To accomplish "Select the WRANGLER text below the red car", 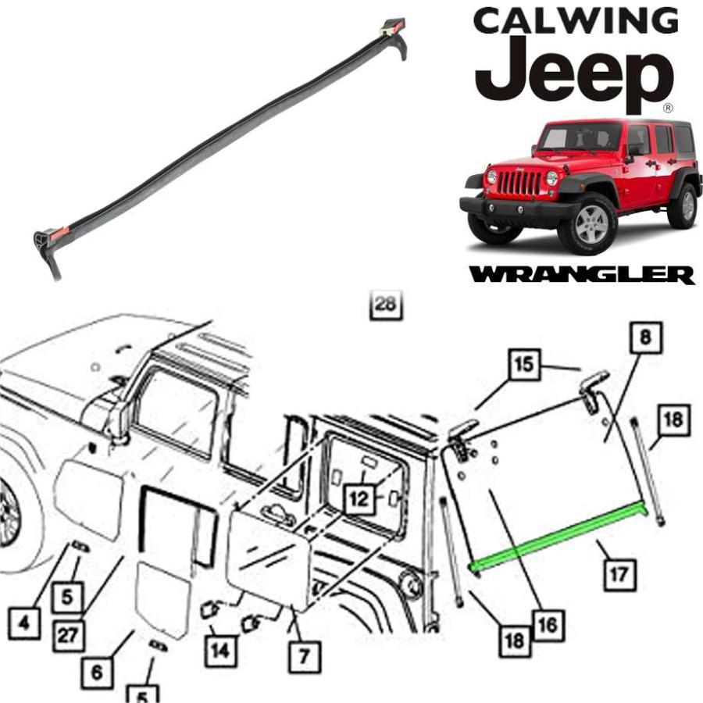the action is tap(581, 274).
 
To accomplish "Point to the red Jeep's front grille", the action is tap(519, 181).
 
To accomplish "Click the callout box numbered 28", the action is tap(386, 305).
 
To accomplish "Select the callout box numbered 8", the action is tap(646, 337).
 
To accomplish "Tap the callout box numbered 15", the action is tap(523, 365).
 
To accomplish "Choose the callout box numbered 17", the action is tap(620, 574).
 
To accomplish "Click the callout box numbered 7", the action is tap(305, 657).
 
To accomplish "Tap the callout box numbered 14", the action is tap(220, 650).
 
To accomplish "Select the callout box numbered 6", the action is tap(98, 673).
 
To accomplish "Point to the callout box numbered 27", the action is tap(69, 636).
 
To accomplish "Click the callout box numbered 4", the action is tap(24, 623).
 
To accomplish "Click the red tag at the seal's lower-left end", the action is tap(59, 233).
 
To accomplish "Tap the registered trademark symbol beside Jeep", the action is tap(668, 108).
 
